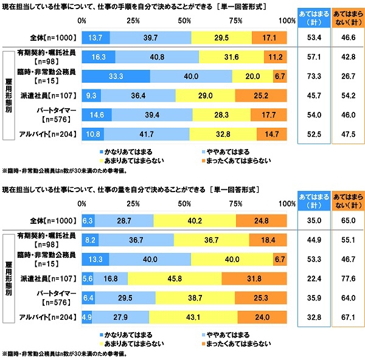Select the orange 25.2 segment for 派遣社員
coord(260,95)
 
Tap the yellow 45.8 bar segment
coord(175,279)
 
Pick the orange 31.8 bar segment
coord(254,279)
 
